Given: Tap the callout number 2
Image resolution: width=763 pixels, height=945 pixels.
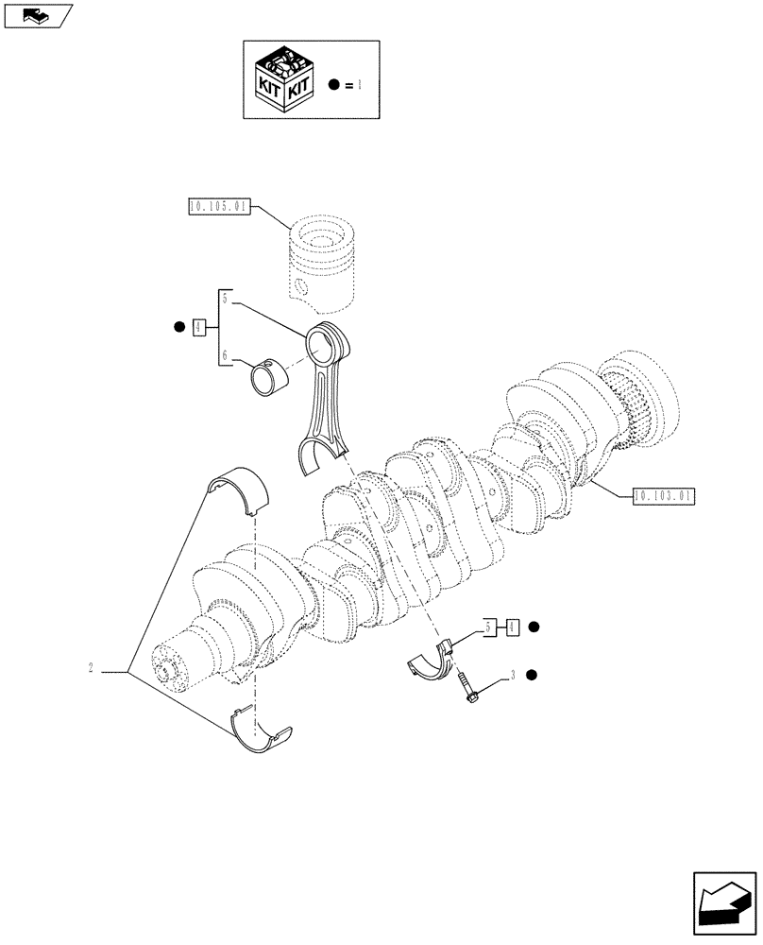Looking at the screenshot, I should coord(91,670).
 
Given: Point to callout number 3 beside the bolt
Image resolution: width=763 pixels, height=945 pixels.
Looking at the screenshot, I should coord(512,675).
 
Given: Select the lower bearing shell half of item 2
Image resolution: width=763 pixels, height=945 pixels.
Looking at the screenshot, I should coord(261,733).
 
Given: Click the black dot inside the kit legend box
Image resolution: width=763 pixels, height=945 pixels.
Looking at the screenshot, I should coord(333,85).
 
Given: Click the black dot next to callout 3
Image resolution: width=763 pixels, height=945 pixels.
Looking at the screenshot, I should coord(533,675).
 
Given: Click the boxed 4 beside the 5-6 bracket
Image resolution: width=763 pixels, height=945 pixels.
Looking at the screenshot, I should coord(198,328).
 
